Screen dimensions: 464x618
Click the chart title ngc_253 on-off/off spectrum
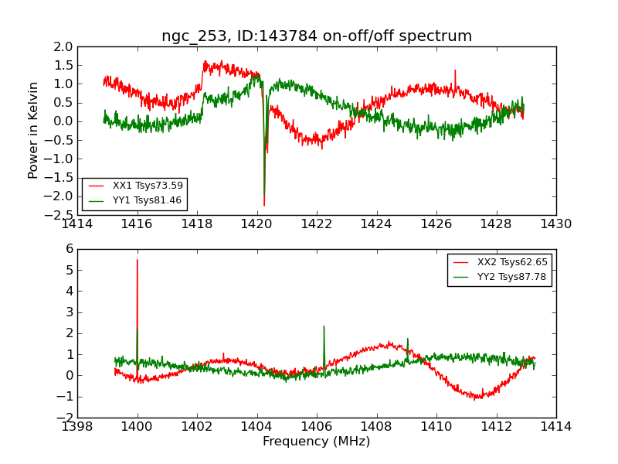tap(317, 36)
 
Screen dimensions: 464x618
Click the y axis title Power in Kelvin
tap(34, 130)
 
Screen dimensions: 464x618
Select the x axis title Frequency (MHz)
tap(317, 442)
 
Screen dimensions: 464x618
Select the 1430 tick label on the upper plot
tap(555, 224)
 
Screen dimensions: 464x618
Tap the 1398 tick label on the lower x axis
tap(78, 426)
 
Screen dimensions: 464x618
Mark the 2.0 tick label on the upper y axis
tap(63, 46)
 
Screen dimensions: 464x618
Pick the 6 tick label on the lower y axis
tap(70, 249)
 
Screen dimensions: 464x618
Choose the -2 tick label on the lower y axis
tap(66, 418)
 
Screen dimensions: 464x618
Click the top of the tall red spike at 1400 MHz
tap(138, 260)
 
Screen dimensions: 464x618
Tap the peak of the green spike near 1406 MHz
tap(324, 326)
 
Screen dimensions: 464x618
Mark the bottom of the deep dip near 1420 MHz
tap(264, 206)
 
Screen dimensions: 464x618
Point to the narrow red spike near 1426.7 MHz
tap(455, 71)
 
